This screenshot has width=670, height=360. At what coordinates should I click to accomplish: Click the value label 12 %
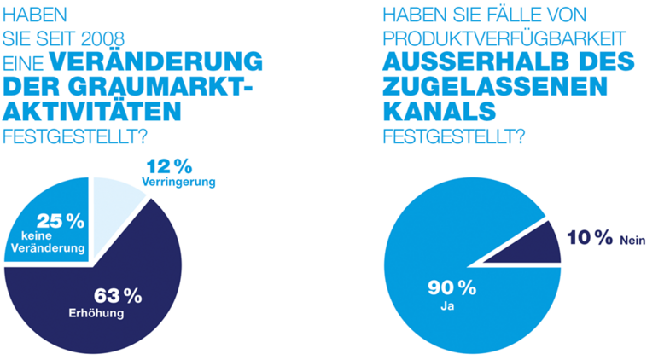[x=169, y=165]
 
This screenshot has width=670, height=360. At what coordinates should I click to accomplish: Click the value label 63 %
[x=117, y=296]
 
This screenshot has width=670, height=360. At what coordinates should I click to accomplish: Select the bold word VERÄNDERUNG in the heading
[x=154, y=62]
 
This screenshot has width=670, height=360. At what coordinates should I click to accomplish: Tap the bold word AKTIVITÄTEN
[x=94, y=111]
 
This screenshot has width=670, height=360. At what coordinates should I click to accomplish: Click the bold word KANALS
[x=440, y=111]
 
